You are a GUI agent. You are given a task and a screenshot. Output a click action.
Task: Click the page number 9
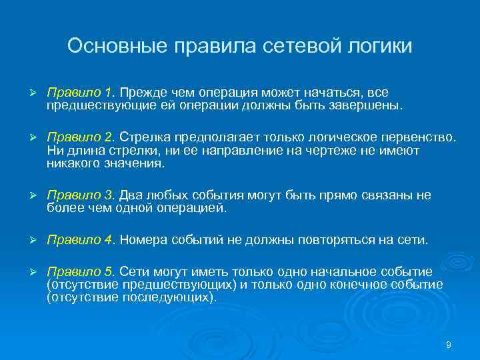click(448, 345)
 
